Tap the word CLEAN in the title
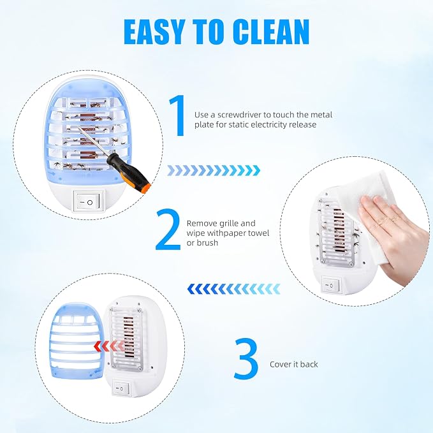(x=270, y=32)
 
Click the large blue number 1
(x=178, y=115)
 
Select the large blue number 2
(x=168, y=230)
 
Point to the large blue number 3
(x=246, y=358)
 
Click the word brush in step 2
(x=207, y=243)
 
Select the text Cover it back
(x=294, y=364)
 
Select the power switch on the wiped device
(x=332, y=285)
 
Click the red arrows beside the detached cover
(x=109, y=346)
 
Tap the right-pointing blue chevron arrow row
(x=214, y=171)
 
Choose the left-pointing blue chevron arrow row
(x=233, y=289)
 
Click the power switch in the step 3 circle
(x=122, y=388)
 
